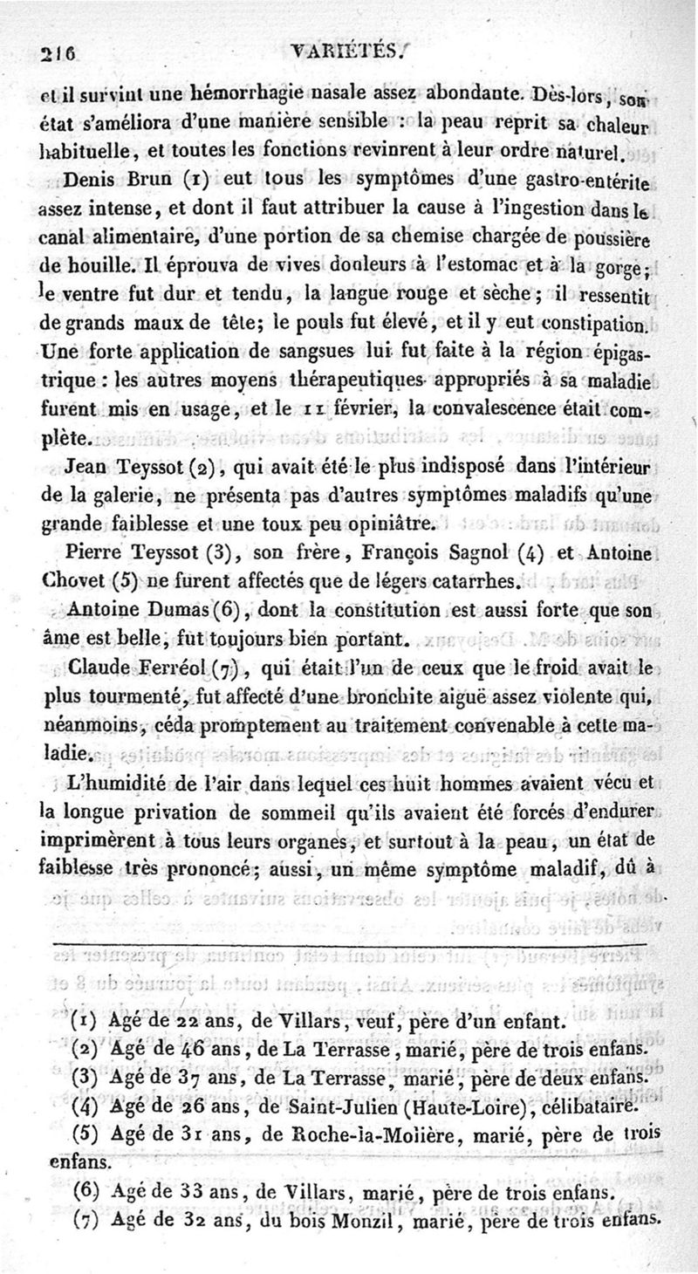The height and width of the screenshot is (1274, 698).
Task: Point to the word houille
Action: click(83, 263)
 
